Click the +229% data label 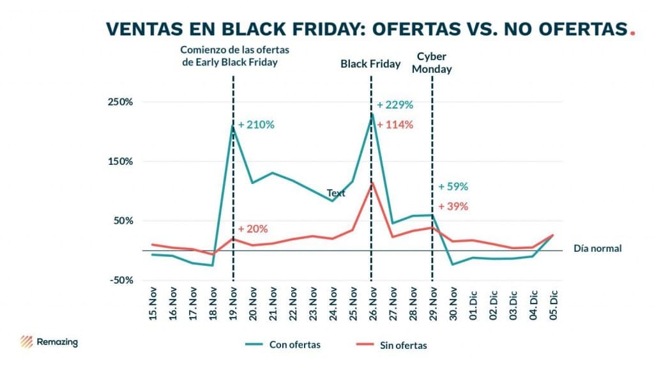click(x=395, y=105)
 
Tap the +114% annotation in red click(x=395, y=125)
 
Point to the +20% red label click(x=252, y=229)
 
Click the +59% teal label click(x=453, y=187)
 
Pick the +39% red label click(x=453, y=206)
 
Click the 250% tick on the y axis click(x=120, y=102)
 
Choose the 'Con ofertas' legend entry click(x=283, y=344)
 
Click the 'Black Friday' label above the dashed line click(x=370, y=64)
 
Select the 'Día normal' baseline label click(x=597, y=249)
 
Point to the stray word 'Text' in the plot click(x=336, y=192)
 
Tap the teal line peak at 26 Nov click(x=371, y=114)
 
